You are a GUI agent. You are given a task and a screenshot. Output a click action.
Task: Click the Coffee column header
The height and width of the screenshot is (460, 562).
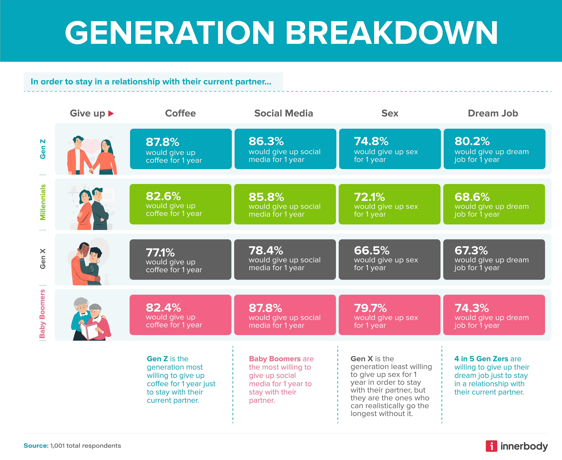180,113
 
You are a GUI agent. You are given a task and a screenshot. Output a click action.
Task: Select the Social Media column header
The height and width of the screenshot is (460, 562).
283,113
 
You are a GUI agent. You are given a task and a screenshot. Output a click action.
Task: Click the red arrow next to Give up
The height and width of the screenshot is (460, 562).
111,114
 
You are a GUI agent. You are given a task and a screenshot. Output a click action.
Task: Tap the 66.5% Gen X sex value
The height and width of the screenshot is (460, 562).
372,250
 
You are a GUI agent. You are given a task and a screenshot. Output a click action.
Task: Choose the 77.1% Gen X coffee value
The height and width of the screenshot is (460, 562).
160,253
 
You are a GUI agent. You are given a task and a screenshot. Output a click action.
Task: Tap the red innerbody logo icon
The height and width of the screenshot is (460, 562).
491,446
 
